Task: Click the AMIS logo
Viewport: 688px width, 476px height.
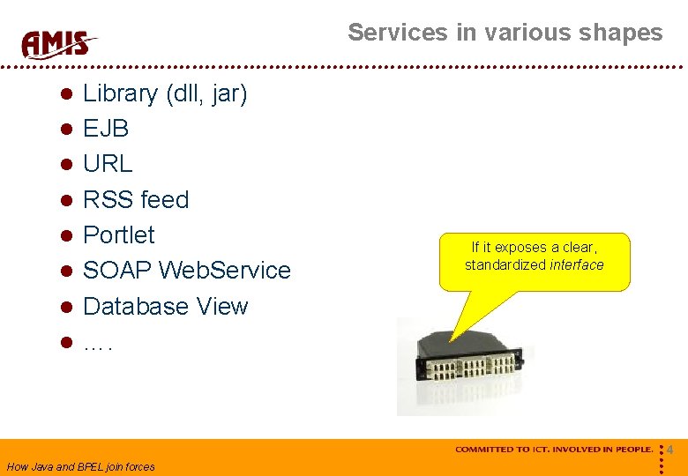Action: coord(58,42)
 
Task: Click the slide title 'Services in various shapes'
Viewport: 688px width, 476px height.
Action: coord(505,33)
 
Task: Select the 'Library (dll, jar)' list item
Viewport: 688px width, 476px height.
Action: coord(165,93)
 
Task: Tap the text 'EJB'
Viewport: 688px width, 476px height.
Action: coord(106,129)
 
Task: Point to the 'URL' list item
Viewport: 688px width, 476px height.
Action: coord(108,164)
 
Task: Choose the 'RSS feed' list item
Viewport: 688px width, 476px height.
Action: coord(136,200)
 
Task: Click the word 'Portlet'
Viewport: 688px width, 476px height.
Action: coord(118,235)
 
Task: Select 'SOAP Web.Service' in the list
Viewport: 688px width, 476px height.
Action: coord(186,271)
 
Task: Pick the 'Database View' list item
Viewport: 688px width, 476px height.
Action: coord(165,307)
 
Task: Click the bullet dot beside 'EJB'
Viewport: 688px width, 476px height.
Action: coord(66,130)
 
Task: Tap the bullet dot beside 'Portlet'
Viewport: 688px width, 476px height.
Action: coord(66,236)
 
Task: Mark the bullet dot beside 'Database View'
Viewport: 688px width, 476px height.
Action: coord(66,308)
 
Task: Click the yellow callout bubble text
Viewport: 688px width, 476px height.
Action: coord(535,257)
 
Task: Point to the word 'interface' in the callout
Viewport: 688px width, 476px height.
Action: coord(577,265)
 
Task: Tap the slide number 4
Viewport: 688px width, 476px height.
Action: coord(669,450)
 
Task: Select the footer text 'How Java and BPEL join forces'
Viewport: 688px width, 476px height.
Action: coord(80,467)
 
